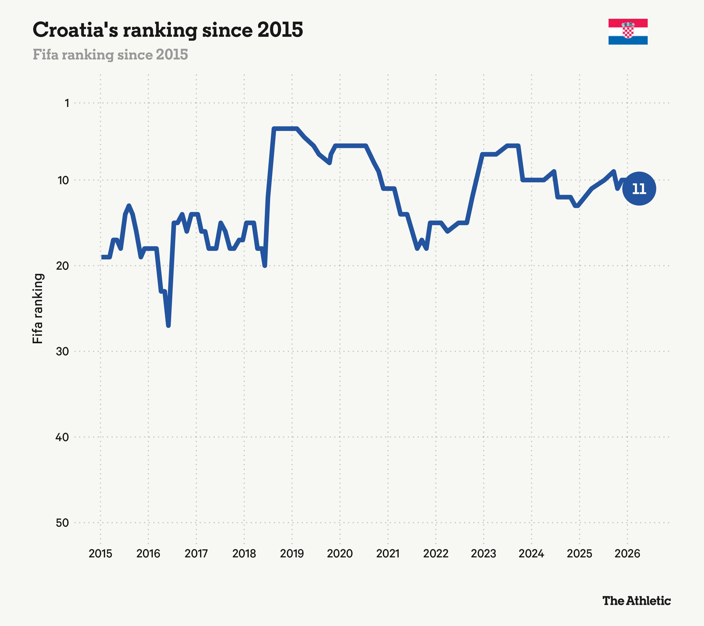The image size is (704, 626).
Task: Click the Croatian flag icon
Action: click(628, 32)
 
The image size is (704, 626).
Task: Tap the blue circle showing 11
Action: click(639, 189)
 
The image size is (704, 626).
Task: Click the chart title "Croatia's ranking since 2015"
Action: click(168, 30)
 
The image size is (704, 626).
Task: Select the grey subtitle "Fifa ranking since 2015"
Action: click(110, 55)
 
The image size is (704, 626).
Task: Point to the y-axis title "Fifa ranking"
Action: click(38, 308)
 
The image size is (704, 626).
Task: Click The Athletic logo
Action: click(636, 600)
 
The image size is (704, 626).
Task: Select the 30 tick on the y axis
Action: click(62, 351)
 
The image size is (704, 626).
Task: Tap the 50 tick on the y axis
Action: click(62, 523)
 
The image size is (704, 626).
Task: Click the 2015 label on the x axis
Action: click(101, 554)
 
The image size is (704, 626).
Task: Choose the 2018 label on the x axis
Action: click(244, 554)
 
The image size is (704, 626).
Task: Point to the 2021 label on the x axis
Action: click(388, 554)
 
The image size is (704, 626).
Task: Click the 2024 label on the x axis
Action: click(531, 554)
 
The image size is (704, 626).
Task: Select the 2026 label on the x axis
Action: click(627, 554)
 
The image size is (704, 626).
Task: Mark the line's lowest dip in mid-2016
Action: click(168, 325)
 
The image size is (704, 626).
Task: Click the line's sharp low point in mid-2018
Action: click(264, 266)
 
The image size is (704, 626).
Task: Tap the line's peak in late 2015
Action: click(129, 206)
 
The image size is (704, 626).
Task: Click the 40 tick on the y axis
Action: click(62, 437)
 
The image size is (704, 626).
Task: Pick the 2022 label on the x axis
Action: click(436, 554)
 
